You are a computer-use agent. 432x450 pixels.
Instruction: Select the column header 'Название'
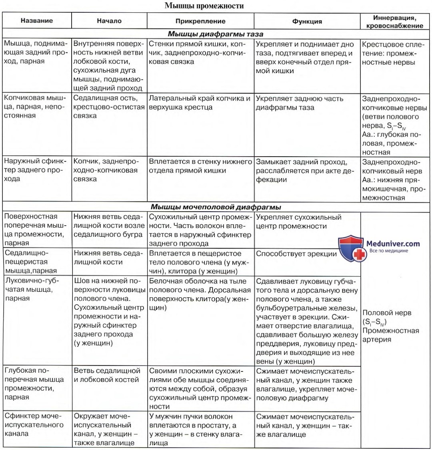pyautogui.click(x=37, y=21)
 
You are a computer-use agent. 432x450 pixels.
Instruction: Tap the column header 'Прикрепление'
pyautogui.click(x=200, y=21)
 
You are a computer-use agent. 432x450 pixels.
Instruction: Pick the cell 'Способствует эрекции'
pyautogui.click(x=296, y=253)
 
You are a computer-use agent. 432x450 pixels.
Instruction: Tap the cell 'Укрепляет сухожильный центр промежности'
pyautogui.click(x=298, y=222)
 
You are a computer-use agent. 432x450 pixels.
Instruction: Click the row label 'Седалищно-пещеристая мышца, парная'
pyautogui.click(x=30, y=261)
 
